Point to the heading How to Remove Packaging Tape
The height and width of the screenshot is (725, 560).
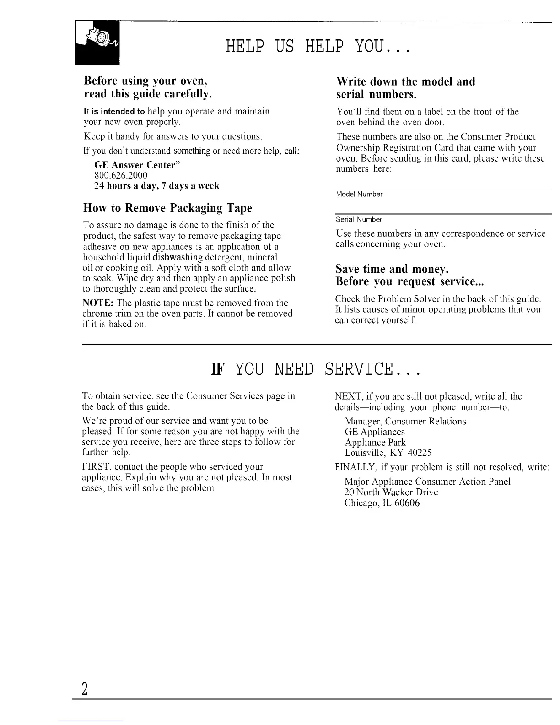(x=167, y=208)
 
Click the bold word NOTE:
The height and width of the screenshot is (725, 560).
(x=98, y=303)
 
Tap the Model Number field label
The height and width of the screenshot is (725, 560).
(x=359, y=195)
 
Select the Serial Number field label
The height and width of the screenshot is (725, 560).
(x=359, y=220)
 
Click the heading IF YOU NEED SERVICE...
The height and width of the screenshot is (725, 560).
(x=315, y=369)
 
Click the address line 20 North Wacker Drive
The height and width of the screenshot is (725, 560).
(x=391, y=492)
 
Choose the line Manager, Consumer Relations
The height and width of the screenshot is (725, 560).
(x=405, y=421)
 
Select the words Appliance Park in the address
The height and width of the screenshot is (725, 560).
(x=375, y=443)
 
